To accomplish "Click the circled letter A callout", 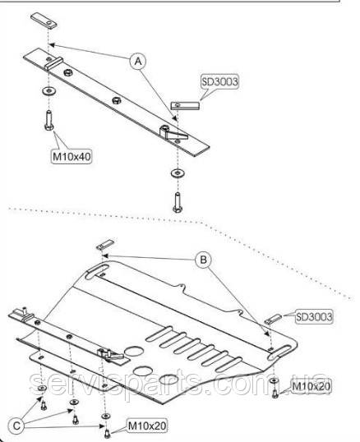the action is tap(138, 61).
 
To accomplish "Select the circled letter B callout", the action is tap(203, 260).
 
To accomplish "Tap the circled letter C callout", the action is tap(16, 426).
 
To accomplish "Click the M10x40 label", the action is tap(72, 156).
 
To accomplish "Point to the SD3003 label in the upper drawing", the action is tap(219, 82).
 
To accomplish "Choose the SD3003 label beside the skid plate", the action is tap(314, 316).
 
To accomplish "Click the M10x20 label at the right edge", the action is tap(311, 386).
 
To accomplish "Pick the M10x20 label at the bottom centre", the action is tap(147, 426).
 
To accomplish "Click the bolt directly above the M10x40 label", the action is tap(48, 121).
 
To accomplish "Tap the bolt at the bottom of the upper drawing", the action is tap(178, 202).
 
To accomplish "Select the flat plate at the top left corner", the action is tap(44, 21).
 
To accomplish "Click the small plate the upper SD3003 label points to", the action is tap(185, 105).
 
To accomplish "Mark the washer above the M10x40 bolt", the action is tap(48, 90).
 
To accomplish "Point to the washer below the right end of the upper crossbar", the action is tap(178, 173).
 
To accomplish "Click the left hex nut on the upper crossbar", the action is tap(68, 72).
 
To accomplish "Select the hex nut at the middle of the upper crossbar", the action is tap(116, 100).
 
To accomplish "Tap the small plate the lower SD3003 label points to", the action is tap(273, 319).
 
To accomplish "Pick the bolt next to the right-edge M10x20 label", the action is tap(275, 393).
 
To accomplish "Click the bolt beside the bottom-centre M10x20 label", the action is tap(107, 433).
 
